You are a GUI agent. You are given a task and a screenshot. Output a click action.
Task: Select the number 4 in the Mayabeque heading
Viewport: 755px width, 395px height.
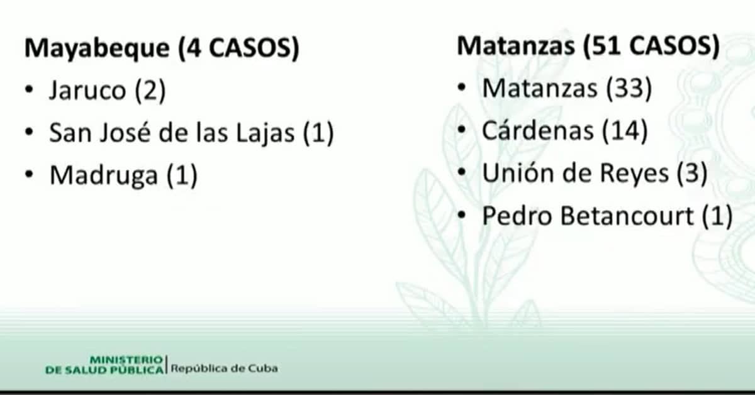194,48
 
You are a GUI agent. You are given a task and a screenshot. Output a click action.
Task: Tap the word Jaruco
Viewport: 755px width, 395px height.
87,90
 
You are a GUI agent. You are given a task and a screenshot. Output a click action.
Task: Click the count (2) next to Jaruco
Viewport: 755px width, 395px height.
150,91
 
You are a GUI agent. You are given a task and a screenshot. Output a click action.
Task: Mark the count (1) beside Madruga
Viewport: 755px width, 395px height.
182,175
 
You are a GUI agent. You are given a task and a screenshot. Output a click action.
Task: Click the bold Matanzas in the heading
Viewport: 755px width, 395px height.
516,46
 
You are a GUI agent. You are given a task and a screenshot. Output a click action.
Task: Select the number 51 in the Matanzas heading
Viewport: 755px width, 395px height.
606,46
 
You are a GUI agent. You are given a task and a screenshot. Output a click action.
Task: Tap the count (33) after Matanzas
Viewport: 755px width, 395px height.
629,88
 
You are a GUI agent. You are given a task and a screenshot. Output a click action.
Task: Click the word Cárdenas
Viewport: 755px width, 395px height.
537,130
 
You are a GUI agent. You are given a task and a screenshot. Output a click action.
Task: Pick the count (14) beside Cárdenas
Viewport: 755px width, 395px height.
625,131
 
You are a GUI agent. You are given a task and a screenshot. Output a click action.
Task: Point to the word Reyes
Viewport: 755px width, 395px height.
635,174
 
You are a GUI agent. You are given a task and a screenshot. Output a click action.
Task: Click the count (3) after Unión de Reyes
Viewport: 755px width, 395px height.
692,173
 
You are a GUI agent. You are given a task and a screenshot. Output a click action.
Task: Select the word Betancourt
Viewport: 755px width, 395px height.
627,215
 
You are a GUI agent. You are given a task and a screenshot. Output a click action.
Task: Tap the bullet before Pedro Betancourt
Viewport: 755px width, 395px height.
461,214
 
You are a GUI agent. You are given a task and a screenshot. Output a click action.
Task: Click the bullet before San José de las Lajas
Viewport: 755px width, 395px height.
30,132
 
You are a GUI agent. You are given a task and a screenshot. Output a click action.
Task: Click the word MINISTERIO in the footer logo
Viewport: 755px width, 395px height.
126,360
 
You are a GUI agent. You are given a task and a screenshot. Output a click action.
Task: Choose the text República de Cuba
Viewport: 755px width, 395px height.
224,369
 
